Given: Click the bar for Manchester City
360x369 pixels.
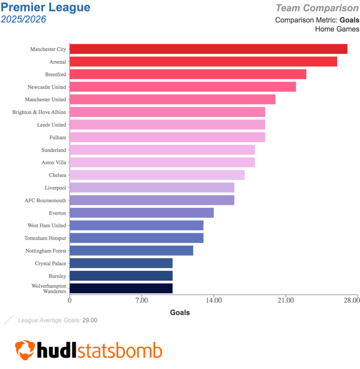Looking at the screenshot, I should (208, 49).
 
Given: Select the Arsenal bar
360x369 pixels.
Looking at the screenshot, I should (203, 62).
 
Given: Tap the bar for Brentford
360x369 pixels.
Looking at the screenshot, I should (188, 74).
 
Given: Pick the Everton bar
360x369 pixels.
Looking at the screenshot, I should (142, 213).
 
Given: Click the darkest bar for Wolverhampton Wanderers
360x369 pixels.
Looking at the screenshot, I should (121, 288).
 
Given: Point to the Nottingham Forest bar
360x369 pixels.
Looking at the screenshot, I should (131, 250).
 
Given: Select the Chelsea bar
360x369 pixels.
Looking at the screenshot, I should (157, 175).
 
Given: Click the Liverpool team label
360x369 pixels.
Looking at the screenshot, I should (55, 188).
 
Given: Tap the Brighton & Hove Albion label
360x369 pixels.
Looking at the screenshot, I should (39, 112).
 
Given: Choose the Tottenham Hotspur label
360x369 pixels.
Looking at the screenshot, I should (45, 238).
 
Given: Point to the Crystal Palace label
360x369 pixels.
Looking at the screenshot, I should (50, 263).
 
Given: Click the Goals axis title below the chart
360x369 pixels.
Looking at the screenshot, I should (180, 312).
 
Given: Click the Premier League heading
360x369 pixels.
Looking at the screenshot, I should (46, 7).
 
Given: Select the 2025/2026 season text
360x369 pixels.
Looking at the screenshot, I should (23, 19).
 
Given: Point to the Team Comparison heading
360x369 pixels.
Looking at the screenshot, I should (317, 8).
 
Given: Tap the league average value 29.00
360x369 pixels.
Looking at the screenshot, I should (90, 320).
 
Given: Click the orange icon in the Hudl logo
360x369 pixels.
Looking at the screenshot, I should (25, 349).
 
